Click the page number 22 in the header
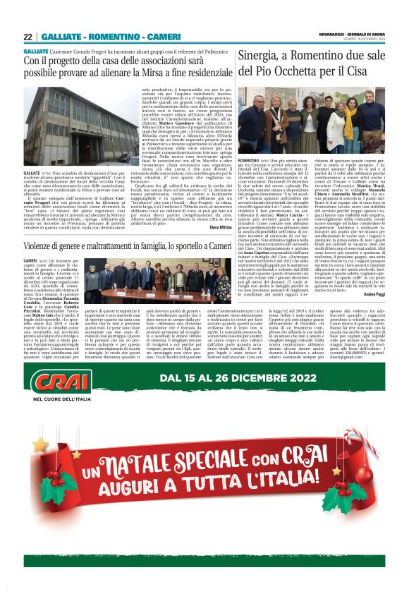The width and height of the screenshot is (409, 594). (28, 37)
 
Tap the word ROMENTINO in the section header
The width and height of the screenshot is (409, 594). (109, 37)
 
